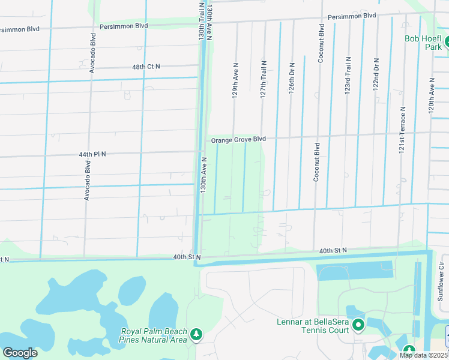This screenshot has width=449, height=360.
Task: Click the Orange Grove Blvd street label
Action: coord(238,139)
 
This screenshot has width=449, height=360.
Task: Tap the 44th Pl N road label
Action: coord(92,154)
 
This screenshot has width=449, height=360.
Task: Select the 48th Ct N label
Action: coord(146,67)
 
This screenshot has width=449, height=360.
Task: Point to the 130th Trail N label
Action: coord(202,20)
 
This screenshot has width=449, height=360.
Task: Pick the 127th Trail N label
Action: coord(263,79)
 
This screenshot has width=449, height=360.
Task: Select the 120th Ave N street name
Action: coord(431,95)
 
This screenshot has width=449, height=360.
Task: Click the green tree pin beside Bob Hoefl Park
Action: coord(447,43)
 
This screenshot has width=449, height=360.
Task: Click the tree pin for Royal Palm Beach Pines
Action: coord(196,334)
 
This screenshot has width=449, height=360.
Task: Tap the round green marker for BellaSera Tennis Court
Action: coord(358,326)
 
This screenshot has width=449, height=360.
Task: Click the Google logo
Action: coord(20,353)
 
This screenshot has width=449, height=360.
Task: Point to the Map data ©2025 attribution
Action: coord(423,355)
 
